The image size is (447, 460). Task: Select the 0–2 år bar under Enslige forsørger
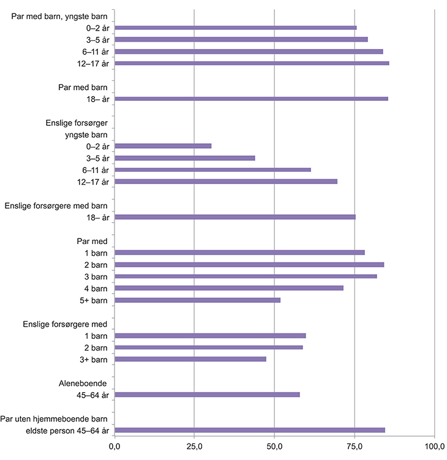coord(163,146)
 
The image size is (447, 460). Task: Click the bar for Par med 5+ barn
coord(197,300)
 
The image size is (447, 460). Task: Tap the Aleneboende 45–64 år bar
coord(207,395)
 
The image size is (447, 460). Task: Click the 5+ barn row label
coord(94,300)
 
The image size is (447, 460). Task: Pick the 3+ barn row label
coord(94,359)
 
